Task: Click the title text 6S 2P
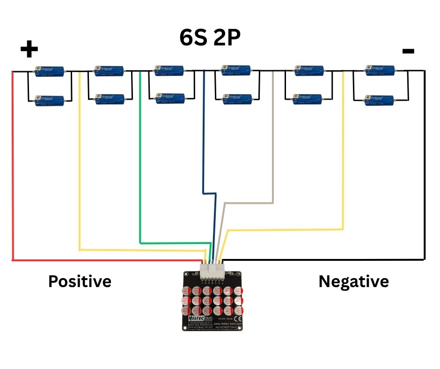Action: (210, 38)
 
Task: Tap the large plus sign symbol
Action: (29, 49)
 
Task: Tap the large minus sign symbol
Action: (408, 51)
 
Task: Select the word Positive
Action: (80, 281)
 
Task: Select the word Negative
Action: (353, 281)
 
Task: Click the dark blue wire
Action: (203, 140)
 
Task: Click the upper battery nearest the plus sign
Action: (50, 71)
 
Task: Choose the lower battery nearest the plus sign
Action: (50, 99)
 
